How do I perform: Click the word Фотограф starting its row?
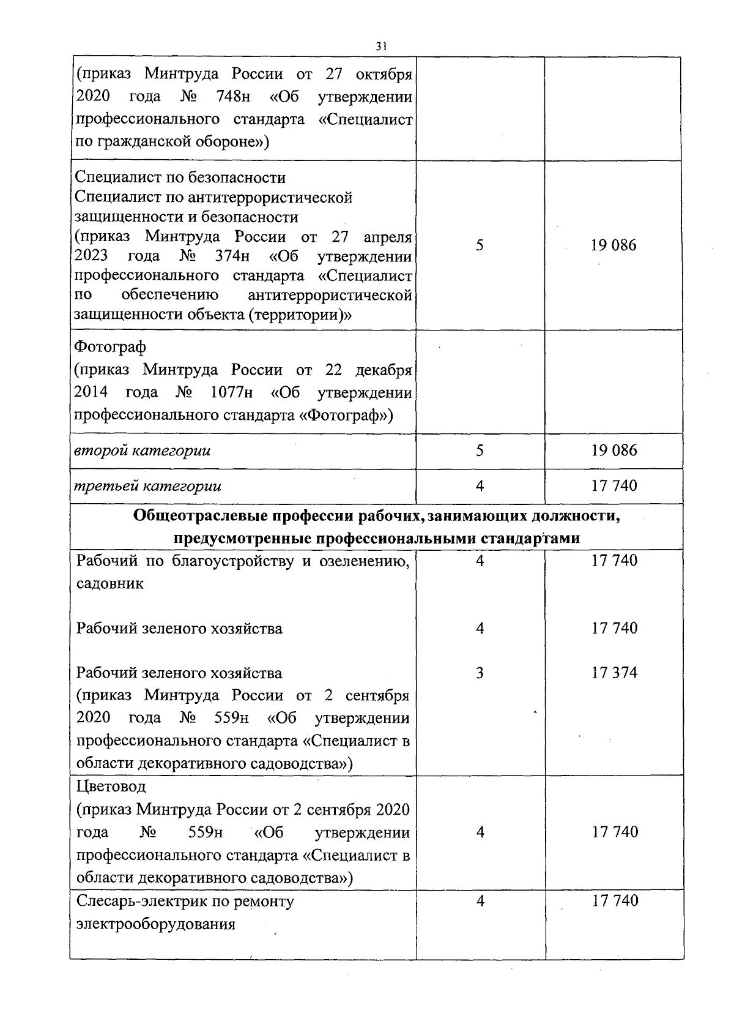[x=111, y=347]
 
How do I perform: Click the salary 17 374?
[x=614, y=673]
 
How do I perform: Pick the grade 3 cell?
[x=480, y=673]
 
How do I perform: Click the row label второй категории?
[x=143, y=451]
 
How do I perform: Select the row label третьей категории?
[x=147, y=486]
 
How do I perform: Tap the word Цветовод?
[x=111, y=785]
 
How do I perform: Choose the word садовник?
[x=110, y=583]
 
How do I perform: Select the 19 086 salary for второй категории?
[x=614, y=451]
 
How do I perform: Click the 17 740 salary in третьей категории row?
[x=614, y=486]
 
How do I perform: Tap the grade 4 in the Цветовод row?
[x=480, y=832]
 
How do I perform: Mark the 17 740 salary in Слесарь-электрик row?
[x=615, y=900]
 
